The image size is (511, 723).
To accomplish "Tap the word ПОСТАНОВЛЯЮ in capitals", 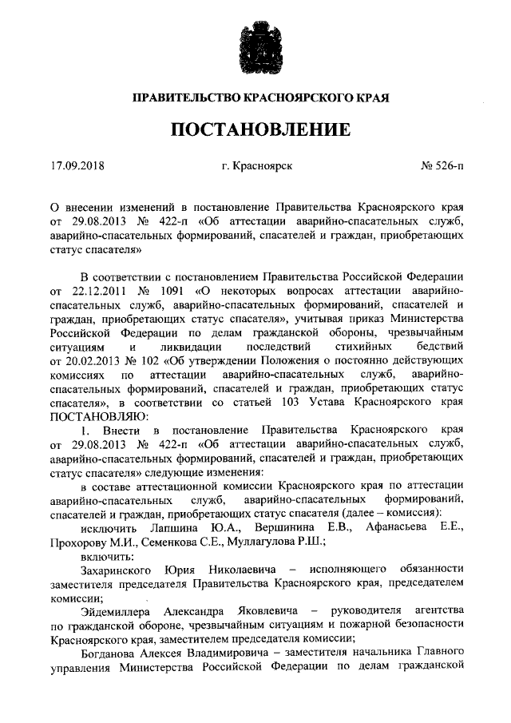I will pos(97,416).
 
